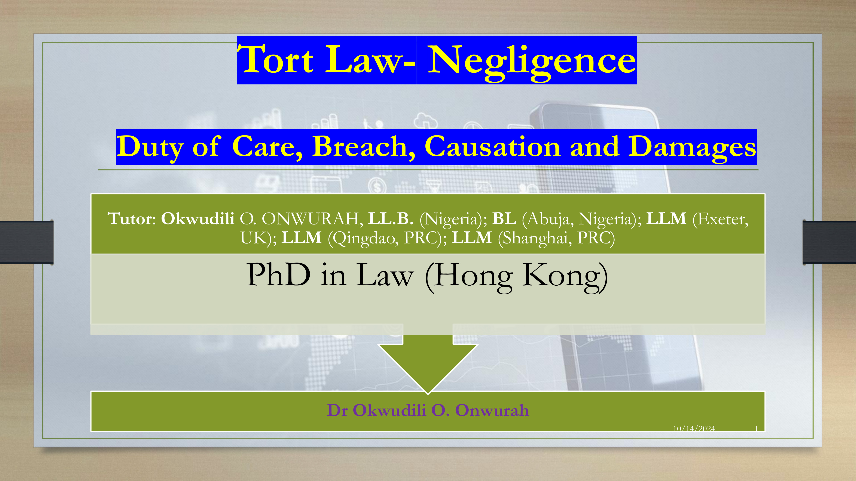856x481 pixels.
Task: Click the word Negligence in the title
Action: [532, 61]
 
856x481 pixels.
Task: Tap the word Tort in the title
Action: [275, 59]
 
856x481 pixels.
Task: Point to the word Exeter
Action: [720, 219]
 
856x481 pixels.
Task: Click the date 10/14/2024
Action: [694, 428]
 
